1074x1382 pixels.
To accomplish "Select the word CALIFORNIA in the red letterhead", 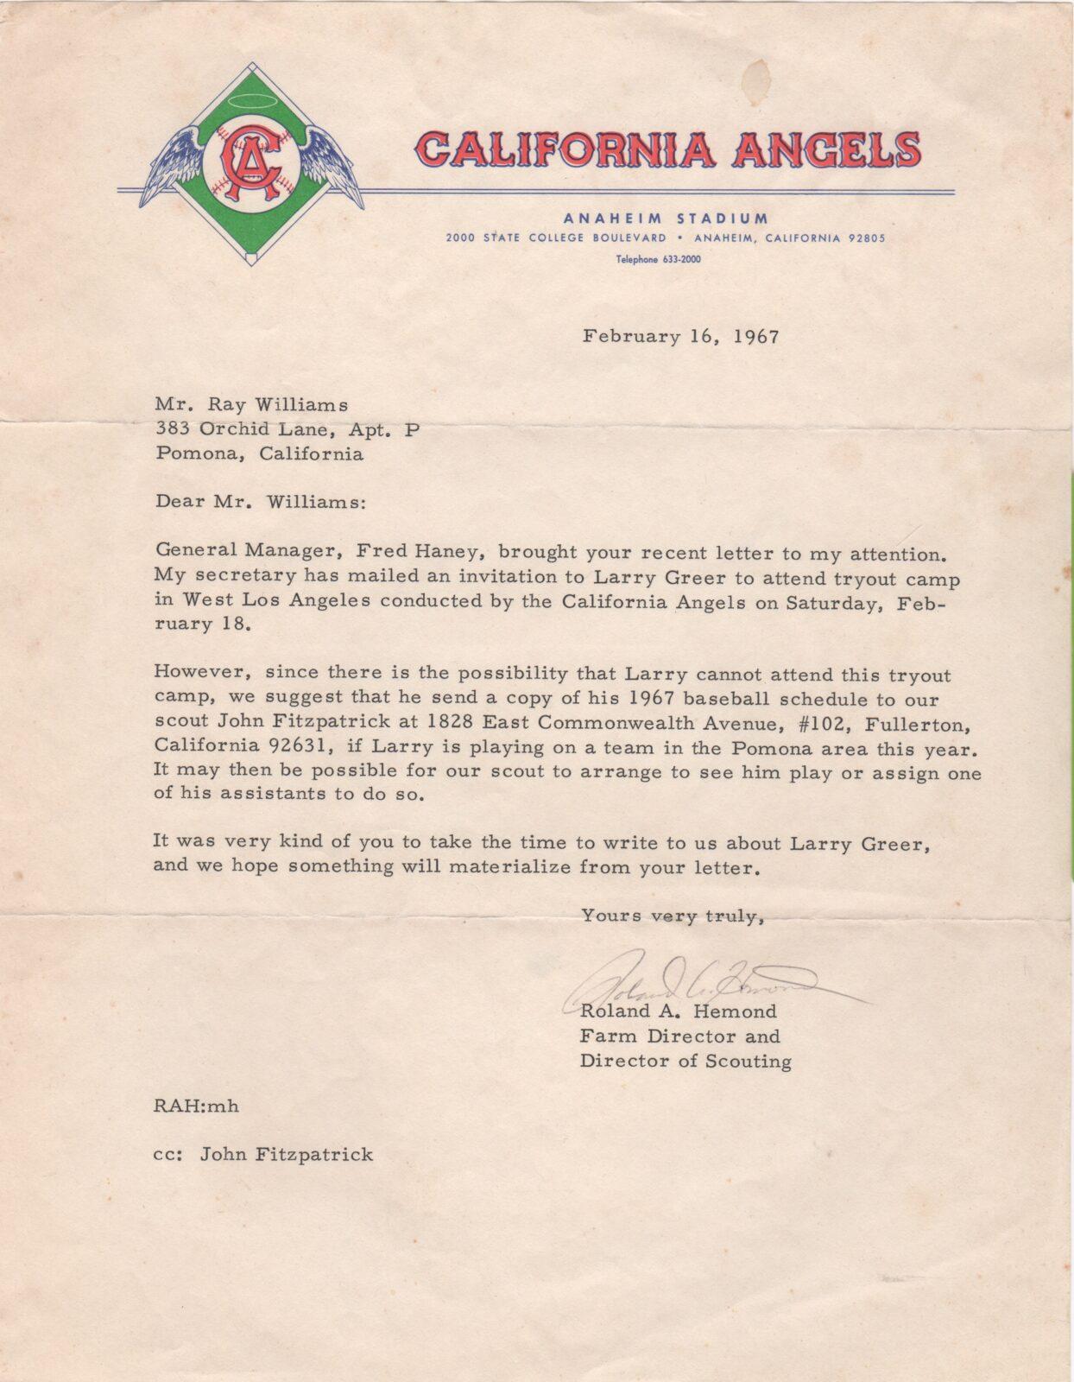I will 564,149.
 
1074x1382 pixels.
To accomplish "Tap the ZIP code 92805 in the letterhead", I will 865,238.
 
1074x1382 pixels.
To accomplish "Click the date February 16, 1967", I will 680,336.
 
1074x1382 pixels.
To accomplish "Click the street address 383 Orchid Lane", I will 240,428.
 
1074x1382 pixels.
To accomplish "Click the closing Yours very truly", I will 673,916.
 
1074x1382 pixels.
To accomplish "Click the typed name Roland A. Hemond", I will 678,1011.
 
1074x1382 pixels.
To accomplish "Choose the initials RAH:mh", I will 196,1106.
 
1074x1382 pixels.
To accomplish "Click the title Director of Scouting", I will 685,1062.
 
